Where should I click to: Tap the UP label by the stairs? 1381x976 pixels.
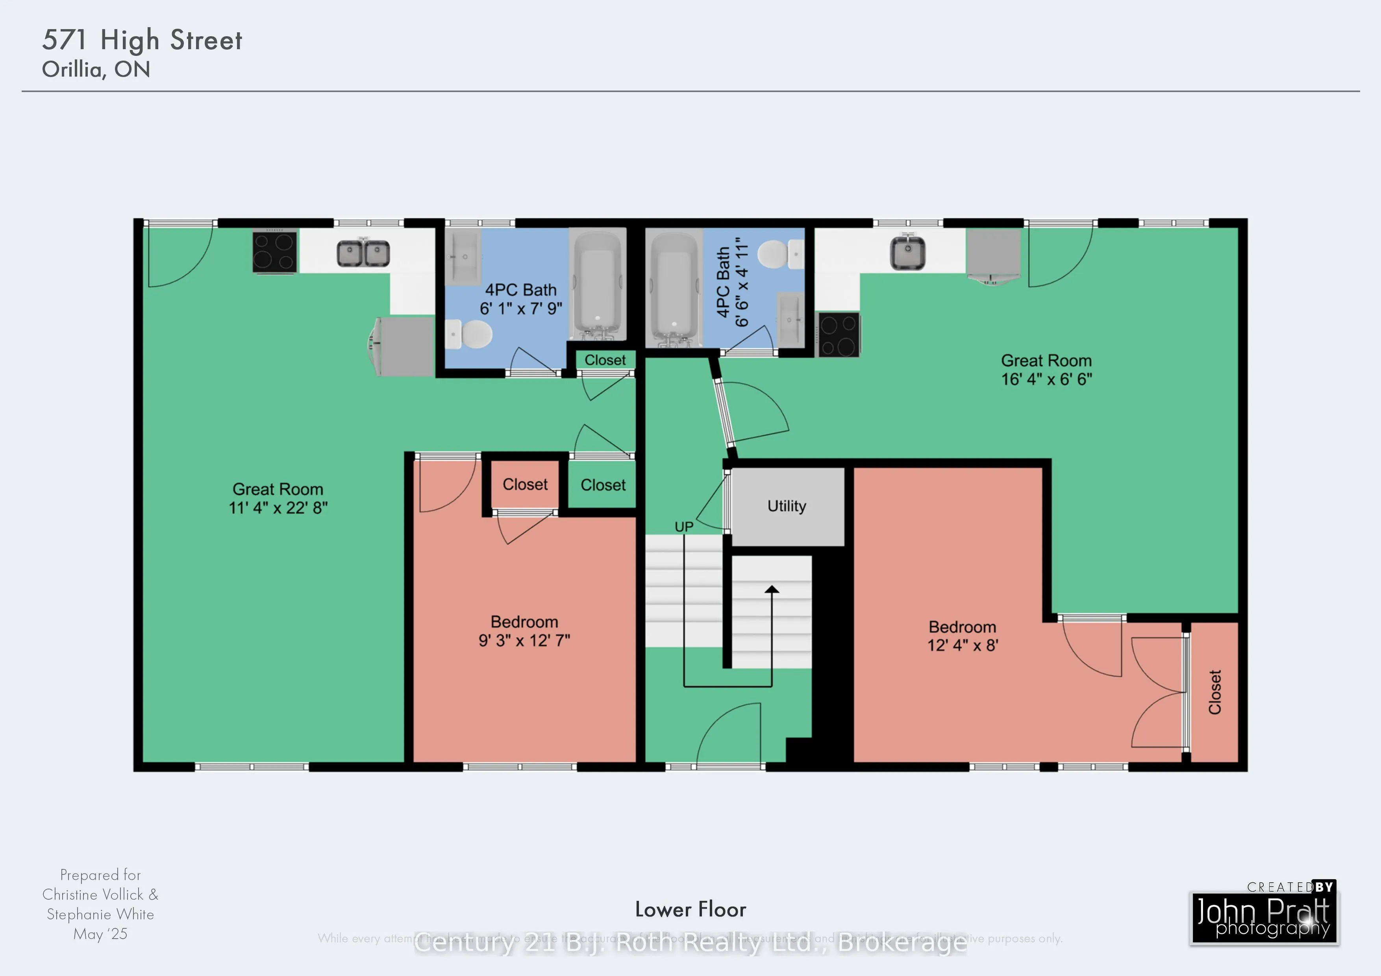684,527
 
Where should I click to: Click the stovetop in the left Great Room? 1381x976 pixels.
274,252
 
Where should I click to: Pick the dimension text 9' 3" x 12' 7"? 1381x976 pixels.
524,640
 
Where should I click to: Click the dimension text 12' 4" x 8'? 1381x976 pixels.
963,645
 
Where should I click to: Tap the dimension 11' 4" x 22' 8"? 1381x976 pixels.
278,508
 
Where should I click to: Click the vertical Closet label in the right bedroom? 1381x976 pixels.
1214,692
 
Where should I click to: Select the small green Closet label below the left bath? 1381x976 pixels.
605,360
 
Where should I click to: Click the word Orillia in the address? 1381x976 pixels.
72,70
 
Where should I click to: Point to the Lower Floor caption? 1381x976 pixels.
690,909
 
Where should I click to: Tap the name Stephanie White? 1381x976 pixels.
100,914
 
